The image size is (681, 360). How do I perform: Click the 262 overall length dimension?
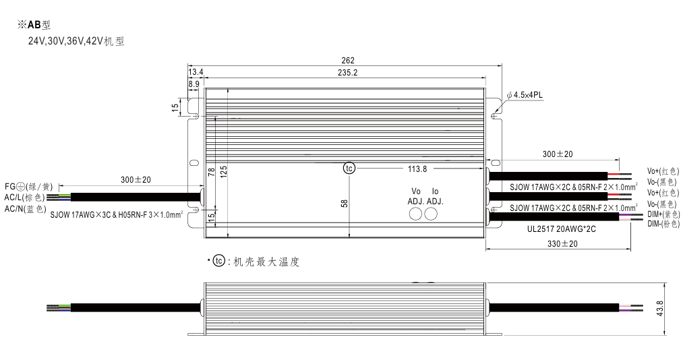[348, 61]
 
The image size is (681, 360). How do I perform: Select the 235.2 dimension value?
[347, 73]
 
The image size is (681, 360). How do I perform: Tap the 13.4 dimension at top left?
[196, 72]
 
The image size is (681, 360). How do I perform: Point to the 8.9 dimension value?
[194, 84]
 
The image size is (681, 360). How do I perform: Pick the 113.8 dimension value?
[417, 169]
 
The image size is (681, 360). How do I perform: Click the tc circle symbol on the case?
[349, 169]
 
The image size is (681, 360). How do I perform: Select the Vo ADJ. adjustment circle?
[416, 214]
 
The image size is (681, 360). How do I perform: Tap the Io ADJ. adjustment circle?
[431, 214]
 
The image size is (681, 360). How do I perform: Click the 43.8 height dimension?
[660, 309]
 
